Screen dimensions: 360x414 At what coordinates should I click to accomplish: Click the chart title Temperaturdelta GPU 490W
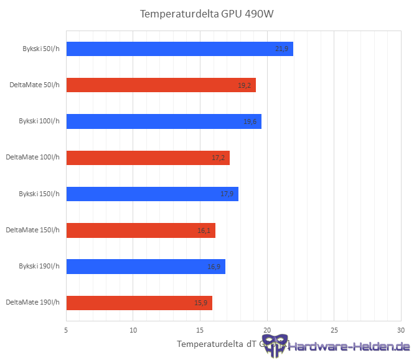click(x=207, y=14)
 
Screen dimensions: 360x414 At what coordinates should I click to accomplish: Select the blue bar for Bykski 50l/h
click(x=179, y=49)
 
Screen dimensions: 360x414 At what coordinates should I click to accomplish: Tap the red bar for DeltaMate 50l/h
click(x=161, y=85)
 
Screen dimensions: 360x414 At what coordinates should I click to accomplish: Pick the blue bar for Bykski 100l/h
click(x=163, y=121)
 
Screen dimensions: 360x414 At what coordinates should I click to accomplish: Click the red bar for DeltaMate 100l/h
click(x=148, y=158)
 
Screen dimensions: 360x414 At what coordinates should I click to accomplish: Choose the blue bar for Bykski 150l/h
click(x=152, y=194)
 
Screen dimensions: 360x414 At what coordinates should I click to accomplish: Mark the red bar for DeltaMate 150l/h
click(x=140, y=230)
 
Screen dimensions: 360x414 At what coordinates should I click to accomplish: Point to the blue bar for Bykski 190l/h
click(x=145, y=267)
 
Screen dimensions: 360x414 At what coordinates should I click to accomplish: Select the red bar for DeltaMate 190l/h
click(x=139, y=303)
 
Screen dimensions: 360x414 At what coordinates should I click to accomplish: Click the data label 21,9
click(x=281, y=49)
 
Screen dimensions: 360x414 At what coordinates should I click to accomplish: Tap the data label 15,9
click(x=200, y=303)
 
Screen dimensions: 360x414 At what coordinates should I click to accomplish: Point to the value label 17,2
click(x=218, y=158)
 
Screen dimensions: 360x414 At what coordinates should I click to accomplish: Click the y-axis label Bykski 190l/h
click(x=39, y=267)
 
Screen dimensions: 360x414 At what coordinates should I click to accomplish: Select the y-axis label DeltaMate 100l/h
click(x=32, y=158)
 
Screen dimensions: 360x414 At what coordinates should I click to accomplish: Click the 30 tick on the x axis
click(x=400, y=329)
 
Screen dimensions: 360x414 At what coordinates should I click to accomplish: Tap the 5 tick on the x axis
click(x=67, y=329)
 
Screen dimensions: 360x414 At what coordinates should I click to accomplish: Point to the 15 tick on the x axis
click(x=200, y=329)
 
